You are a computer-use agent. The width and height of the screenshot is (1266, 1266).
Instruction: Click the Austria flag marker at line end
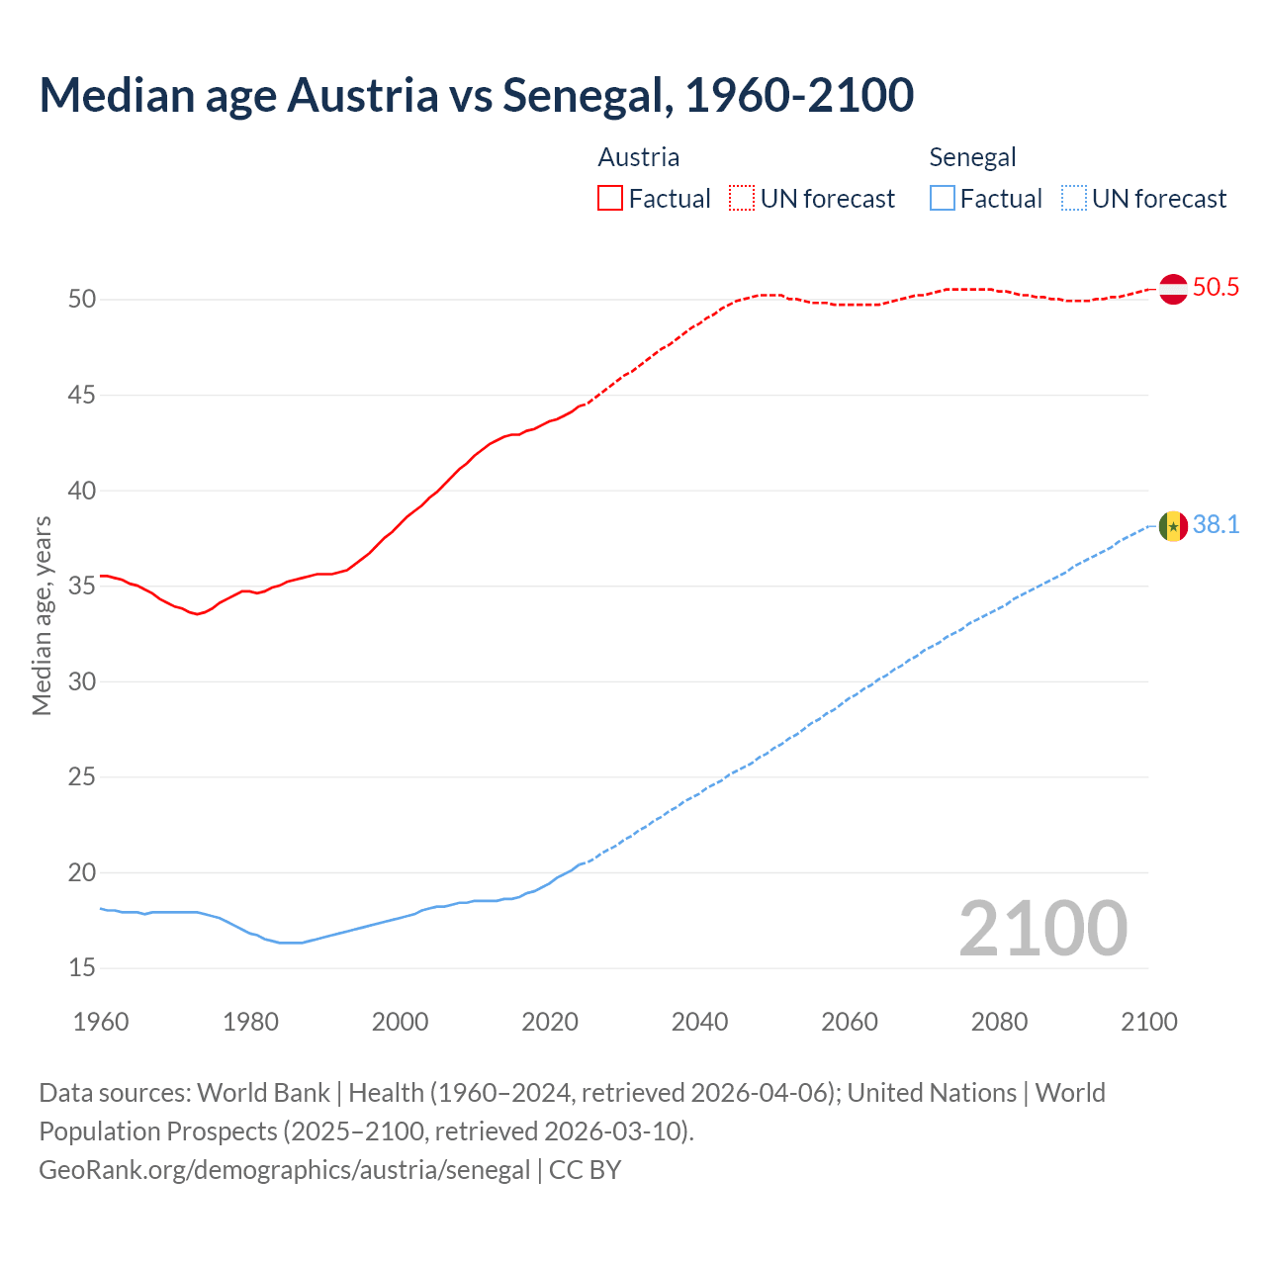(x=1173, y=289)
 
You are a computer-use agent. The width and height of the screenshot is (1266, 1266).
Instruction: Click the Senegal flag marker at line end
(x=1173, y=526)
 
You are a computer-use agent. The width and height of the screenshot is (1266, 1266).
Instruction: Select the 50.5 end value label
(x=1216, y=288)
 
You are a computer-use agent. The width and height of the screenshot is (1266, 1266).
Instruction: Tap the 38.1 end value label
(x=1216, y=525)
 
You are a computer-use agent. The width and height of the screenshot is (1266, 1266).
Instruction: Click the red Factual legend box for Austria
(x=610, y=199)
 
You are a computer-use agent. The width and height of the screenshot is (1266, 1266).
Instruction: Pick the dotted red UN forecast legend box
(x=742, y=199)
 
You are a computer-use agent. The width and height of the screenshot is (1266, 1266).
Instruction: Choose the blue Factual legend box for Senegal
(x=943, y=199)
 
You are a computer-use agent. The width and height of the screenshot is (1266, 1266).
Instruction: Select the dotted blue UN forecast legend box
(x=1073, y=199)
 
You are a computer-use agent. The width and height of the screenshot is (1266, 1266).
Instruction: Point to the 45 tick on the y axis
(x=82, y=396)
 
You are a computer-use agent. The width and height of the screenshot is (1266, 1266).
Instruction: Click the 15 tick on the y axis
(x=82, y=968)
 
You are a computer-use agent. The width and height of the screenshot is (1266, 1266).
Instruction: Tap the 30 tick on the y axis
(x=82, y=682)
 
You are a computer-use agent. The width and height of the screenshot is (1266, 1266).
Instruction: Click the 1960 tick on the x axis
(x=101, y=1022)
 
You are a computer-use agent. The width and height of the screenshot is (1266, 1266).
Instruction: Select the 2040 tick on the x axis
(x=699, y=1022)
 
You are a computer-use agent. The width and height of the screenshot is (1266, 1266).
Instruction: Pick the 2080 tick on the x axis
(x=999, y=1022)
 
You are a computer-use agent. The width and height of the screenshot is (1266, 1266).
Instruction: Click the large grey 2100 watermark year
(x=1042, y=929)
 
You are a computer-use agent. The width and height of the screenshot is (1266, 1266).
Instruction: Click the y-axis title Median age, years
(x=42, y=615)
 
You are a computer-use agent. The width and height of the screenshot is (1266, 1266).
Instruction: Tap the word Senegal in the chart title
(x=588, y=96)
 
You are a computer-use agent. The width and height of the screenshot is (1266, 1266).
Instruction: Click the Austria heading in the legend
(x=639, y=157)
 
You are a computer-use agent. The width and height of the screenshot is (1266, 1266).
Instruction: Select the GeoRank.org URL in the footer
(x=285, y=1170)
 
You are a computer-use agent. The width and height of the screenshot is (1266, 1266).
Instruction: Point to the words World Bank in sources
(x=263, y=1093)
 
